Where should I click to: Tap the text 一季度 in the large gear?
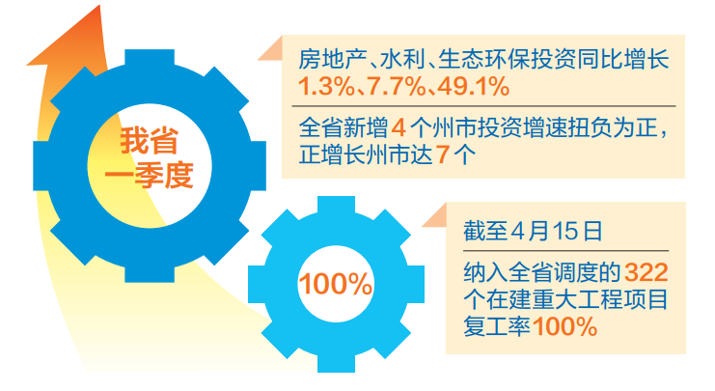pos(149,176)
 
